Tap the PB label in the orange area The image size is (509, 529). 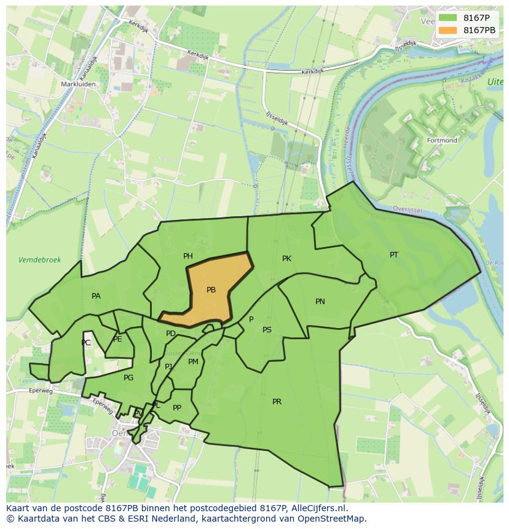tap(211, 290)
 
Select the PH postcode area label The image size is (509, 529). tap(188, 256)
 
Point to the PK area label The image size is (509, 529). tap(286, 259)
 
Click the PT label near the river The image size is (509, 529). tap(394, 254)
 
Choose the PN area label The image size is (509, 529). tap(320, 302)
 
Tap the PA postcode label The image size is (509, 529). tap(96, 296)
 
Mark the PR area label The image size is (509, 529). tap(277, 402)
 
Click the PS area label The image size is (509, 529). tap(267, 330)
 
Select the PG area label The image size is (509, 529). tap(128, 378)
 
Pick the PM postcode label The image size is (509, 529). tap(193, 362)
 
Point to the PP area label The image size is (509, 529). tap(177, 408)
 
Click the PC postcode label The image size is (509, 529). tap(86, 343)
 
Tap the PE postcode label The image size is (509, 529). tap(117, 339)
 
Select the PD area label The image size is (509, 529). tap(171, 334)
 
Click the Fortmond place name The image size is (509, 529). tap(442, 141)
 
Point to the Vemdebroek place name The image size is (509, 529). tap(40, 260)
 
